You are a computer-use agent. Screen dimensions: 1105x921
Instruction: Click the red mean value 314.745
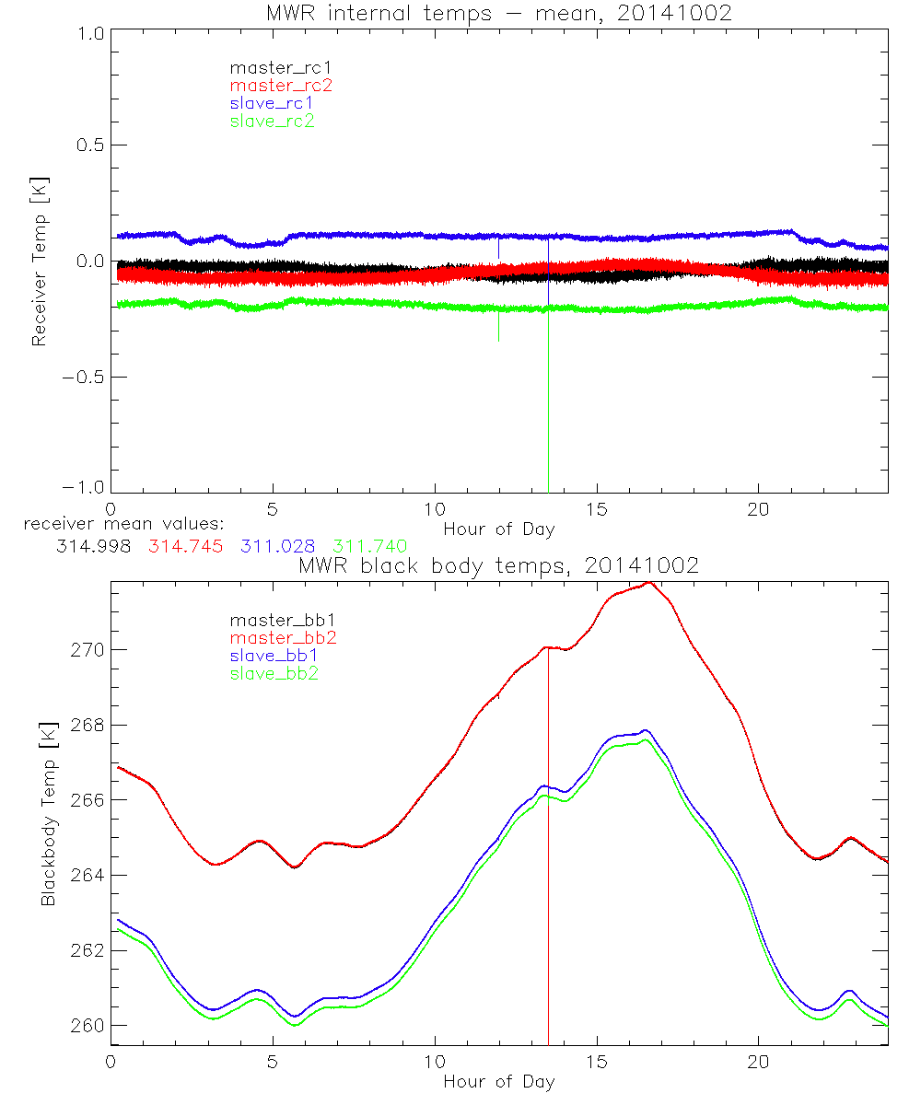(x=185, y=546)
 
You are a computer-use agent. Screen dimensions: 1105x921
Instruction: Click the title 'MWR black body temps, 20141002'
(x=498, y=566)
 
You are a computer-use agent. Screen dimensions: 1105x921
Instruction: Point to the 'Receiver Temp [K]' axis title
(x=39, y=262)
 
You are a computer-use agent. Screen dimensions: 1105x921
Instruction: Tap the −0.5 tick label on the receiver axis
(x=83, y=377)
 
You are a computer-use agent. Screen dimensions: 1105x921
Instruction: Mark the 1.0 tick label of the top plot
(x=90, y=32)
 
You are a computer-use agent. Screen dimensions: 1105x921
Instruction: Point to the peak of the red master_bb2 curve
(x=648, y=583)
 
